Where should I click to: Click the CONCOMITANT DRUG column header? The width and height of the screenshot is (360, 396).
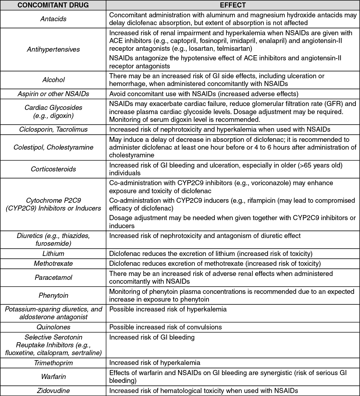tap(53, 5)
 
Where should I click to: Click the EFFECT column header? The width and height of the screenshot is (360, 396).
tap(233, 5)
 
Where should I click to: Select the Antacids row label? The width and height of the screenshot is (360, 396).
tap(53, 19)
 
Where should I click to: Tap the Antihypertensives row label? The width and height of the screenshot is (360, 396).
tap(53, 50)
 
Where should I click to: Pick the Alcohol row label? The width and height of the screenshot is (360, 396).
tap(53, 80)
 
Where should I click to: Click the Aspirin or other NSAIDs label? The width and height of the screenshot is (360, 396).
tap(53, 94)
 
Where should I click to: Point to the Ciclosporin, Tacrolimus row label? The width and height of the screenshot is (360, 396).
tap(53, 130)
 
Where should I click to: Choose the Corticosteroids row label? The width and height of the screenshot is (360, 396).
tap(53, 169)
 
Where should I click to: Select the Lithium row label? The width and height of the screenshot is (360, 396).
tap(53, 254)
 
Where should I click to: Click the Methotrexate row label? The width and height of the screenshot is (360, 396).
tap(53, 264)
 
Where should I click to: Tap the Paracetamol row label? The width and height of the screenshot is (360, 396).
tap(53, 278)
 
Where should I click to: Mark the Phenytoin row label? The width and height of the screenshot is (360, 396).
tap(53, 296)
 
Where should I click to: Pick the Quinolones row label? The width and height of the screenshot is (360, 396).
tap(53, 327)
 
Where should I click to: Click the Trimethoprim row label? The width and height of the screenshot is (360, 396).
tap(53, 363)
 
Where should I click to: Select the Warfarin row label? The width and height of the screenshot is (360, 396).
tap(53, 377)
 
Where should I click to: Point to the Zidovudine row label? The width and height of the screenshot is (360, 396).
tap(53, 391)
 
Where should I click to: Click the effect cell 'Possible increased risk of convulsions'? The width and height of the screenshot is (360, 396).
tap(166, 327)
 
